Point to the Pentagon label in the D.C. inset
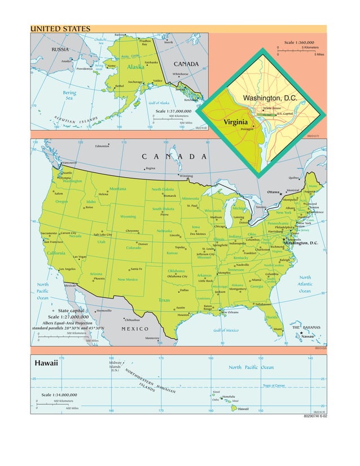[247, 129]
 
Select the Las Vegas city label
[79, 257]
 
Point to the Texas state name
[164, 300]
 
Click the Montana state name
[117, 188]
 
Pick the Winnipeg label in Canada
[186, 175]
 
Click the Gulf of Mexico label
[226, 330]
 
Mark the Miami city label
[278, 329]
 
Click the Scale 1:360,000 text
[298, 42]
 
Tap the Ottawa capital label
[274, 191]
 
